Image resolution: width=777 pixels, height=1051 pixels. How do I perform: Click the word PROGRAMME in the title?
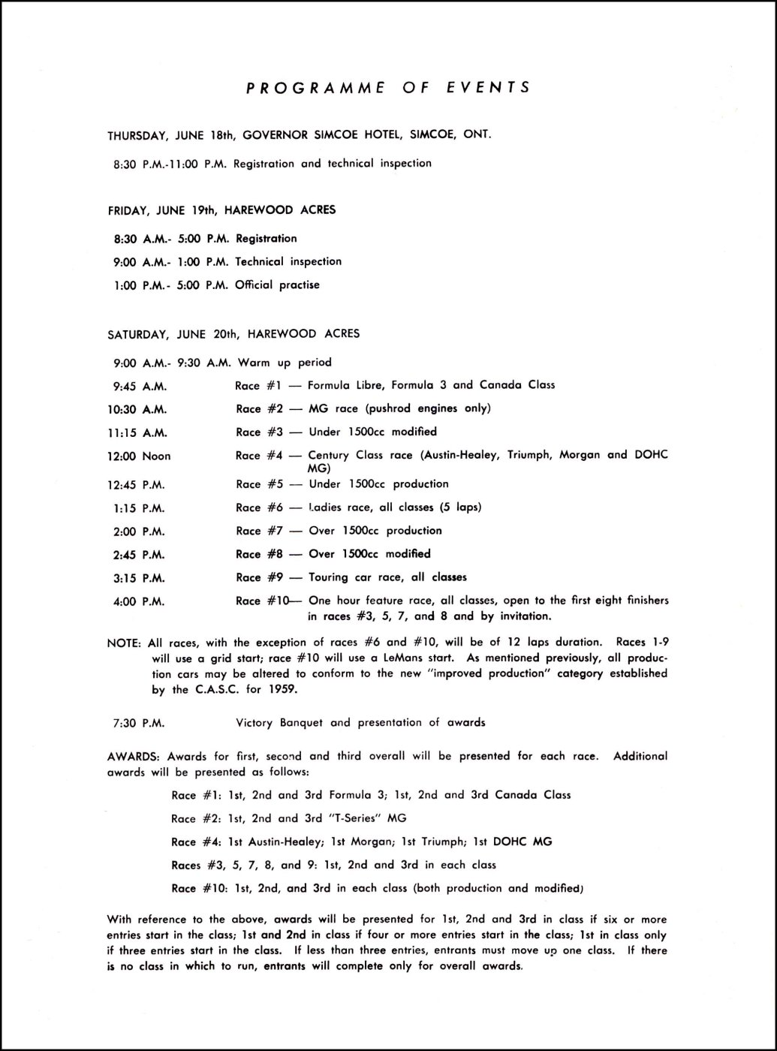(315, 87)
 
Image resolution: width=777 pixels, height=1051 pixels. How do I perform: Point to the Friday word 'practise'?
(300, 285)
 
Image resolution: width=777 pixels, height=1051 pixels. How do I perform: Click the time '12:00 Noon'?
(140, 456)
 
